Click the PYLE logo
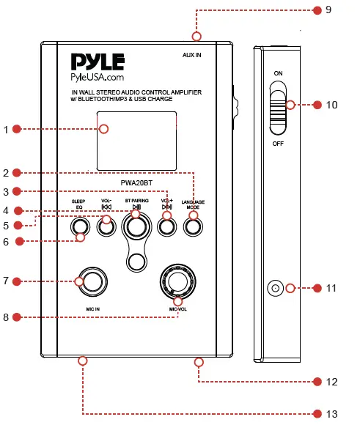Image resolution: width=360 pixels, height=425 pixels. click(98, 62)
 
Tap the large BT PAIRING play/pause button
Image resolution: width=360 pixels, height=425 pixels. click(136, 228)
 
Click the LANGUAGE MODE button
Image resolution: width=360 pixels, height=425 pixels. click(193, 227)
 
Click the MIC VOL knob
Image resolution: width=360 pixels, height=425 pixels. click(177, 281)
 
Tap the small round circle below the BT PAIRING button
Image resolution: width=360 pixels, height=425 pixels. click(136, 260)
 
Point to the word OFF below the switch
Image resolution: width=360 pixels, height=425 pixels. click(278, 144)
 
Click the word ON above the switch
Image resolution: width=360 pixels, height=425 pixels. click(278, 74)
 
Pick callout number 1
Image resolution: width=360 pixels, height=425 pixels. click(7, 130)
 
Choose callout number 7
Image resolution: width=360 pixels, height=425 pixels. click(7, 281)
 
